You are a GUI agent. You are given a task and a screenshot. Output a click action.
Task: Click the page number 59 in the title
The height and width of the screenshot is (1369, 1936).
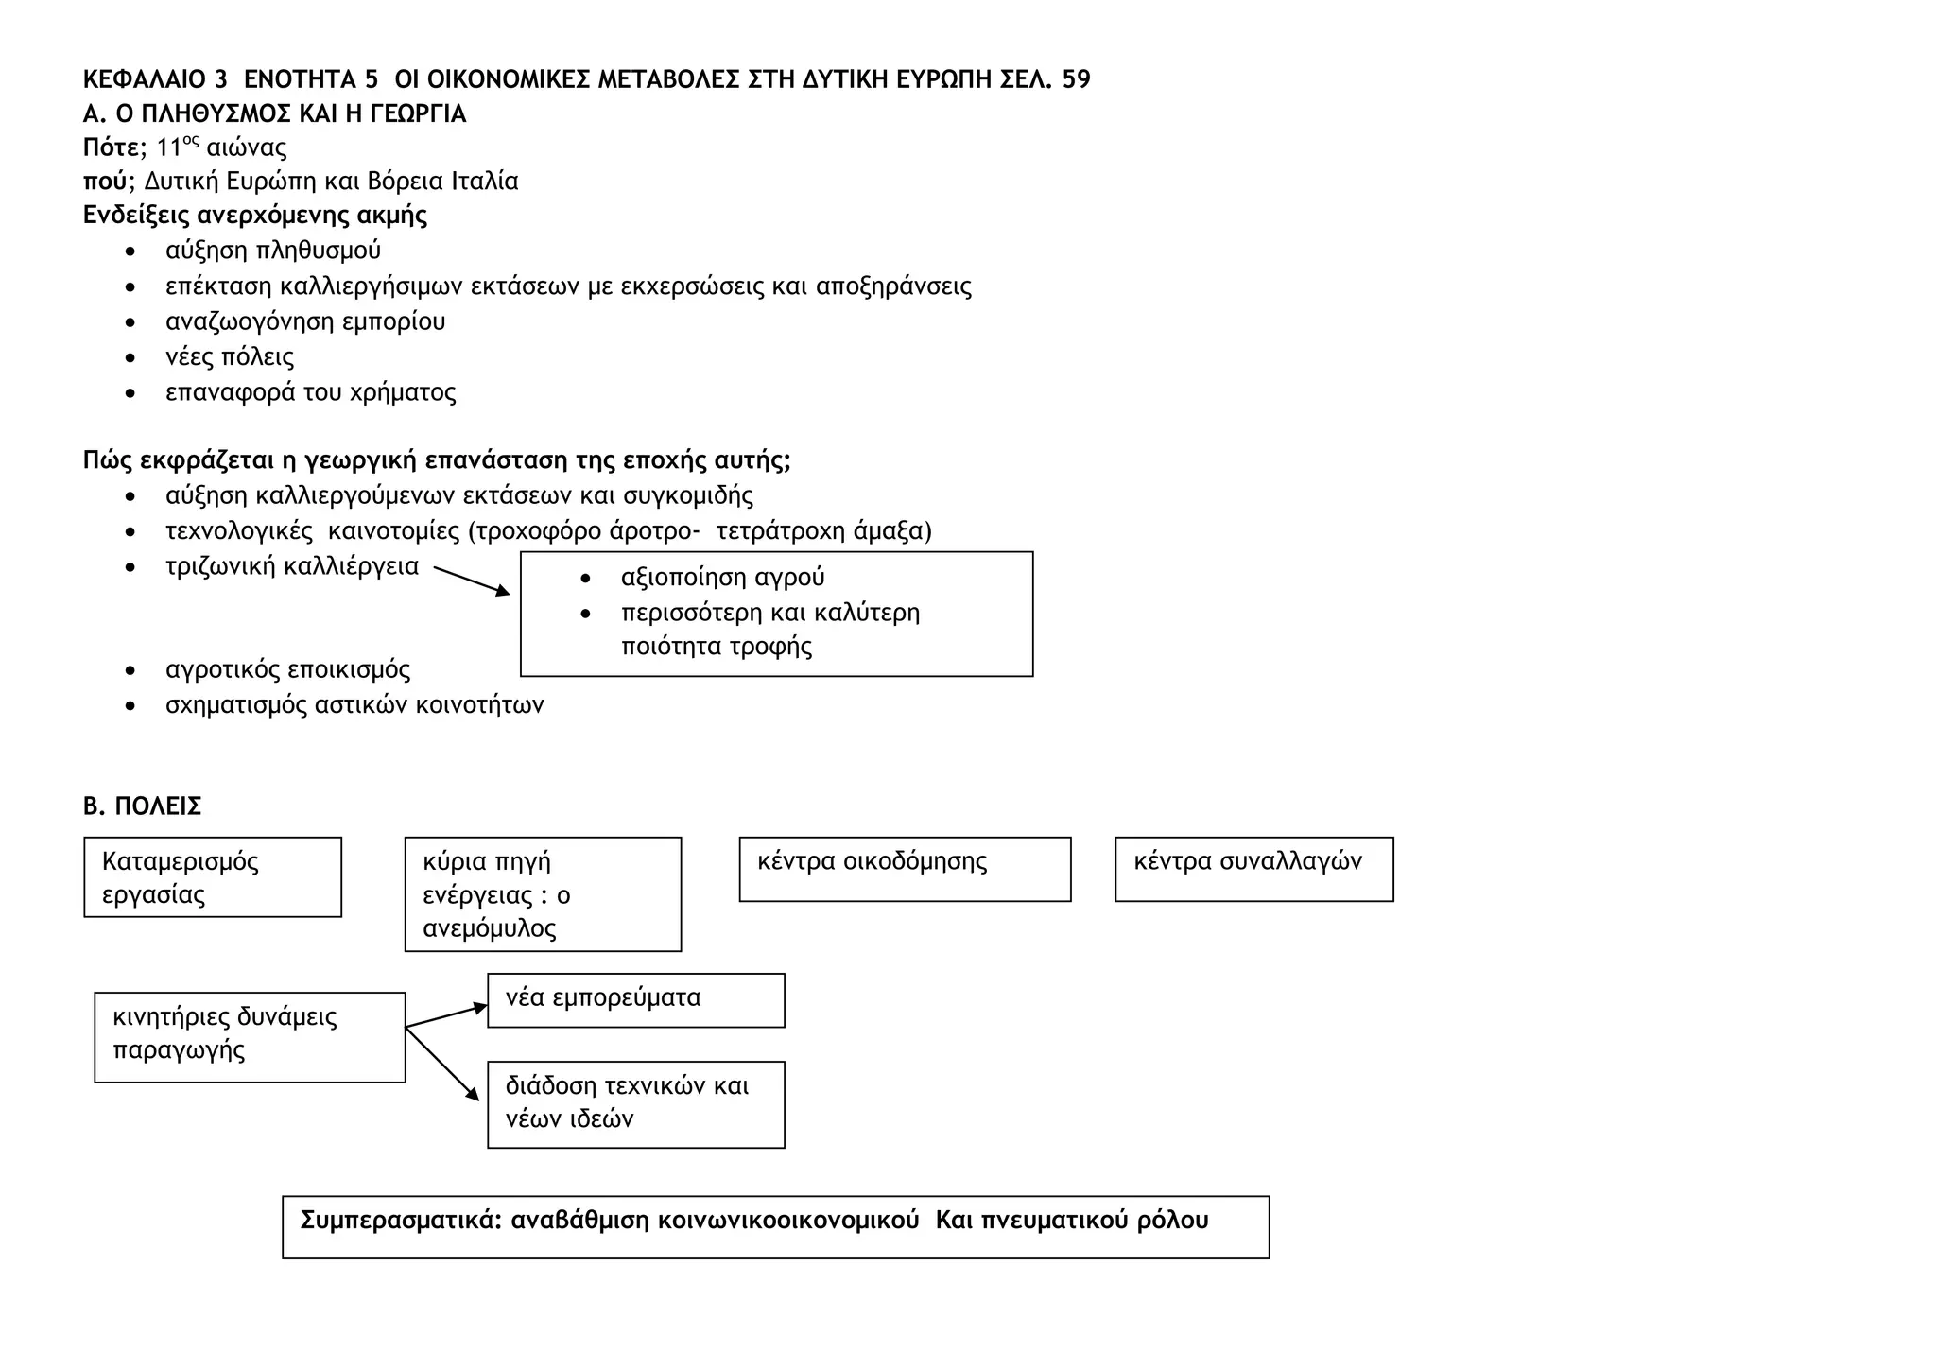click(x=1076, y=79)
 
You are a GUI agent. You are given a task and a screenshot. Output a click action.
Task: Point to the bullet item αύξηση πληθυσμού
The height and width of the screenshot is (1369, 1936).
click(x=273, y=251)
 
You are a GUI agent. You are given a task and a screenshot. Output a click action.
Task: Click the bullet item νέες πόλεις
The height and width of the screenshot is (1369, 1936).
click(x=230, y=357)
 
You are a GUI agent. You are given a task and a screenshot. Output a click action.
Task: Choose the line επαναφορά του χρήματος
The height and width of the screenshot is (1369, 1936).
click(x=310, y=392)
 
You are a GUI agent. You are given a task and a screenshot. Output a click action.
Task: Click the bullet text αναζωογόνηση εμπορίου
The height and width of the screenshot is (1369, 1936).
click(x=305, y=321)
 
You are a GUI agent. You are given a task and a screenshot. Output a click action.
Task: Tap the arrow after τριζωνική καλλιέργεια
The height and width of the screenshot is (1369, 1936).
click(x=471, y=581)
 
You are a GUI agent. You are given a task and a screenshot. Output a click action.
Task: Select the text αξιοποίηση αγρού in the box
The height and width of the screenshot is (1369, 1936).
click(x=722, y=578)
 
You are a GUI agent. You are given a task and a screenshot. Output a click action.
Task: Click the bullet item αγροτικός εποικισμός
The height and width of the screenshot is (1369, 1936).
click(x=287, y=670)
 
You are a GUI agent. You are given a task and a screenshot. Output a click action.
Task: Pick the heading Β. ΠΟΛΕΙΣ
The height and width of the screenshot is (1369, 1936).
click(x=143, y=806)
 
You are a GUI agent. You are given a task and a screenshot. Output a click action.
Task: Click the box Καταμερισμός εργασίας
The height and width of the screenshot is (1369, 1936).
click(x=213, y=877)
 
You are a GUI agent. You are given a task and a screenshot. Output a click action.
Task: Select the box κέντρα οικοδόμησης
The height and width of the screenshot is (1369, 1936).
click(x=905, y=869)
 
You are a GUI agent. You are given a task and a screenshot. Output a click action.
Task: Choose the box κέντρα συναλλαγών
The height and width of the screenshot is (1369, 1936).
click(x=1253, y=869)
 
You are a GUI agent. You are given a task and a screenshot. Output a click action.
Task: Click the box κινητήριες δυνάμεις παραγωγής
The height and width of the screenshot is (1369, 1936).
click(x=250, y=1037)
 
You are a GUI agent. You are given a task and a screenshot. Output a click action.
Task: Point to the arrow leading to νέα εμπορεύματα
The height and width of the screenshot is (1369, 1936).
click(x=445, y=1015)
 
